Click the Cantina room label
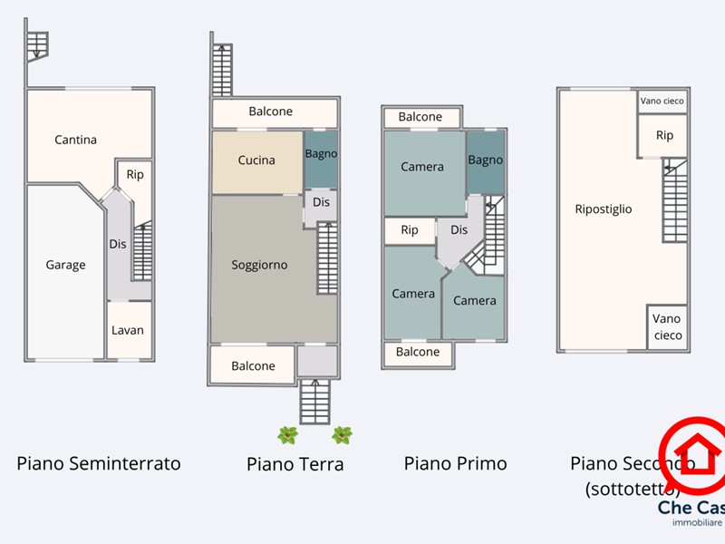pyautogui.click(x=75, y=140)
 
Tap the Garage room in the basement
pyautogui.click(x=65, y=265)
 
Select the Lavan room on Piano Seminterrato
pyautogui.click(x=128, y=330)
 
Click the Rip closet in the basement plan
pyautogui.click(x=134, y=175)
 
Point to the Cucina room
pyautogui.click(x=256, y=160)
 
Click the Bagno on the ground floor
pyautogui.click(x=321, y=154)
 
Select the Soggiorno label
pyautogui.click(x=259, y=265)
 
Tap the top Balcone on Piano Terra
pyautogui.click(x=271, y=112)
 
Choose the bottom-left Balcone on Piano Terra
pyautogui.click(x=253, y=365)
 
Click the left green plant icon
pyautogui.click(x=287, y=435)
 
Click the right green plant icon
pyautogui.click(x=342, y=435)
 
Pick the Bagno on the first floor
pyautogui.click(x=485, y=160)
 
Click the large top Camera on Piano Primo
pyautogui.click(x=422, y=167)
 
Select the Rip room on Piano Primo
pyautogui.click(x=410, y=230)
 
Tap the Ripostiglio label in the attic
pyautogui.click(x=604, y=209)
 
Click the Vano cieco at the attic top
pyautogui.click(x=662, y=101)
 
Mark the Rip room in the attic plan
pyautogui.click(x=664, y=135)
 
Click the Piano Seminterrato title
pyautogui.click(x=99, y=463)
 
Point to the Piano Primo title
pyautogui.click(x=455, y=463)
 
